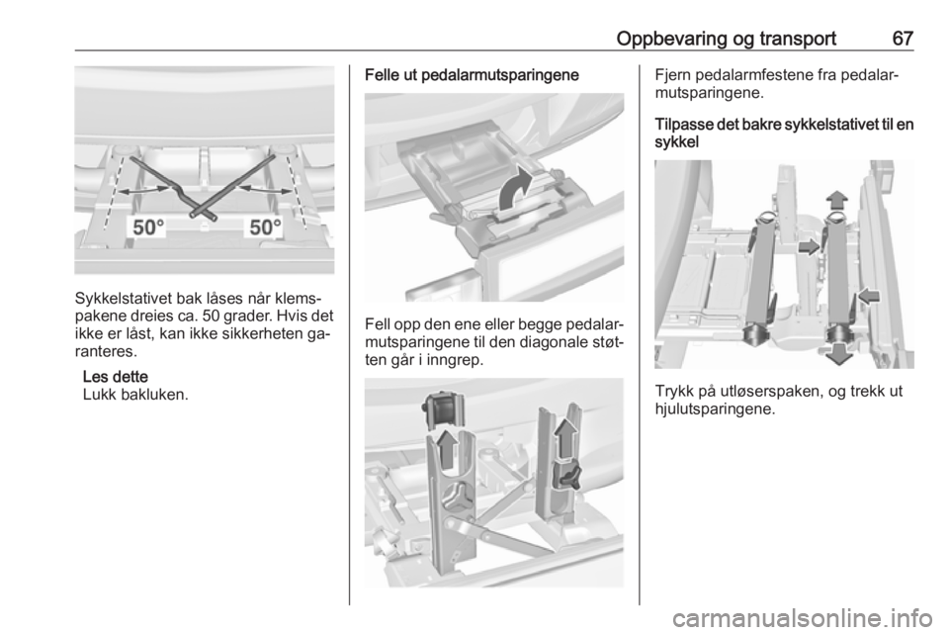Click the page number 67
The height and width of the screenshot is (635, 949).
[x=903, y=39]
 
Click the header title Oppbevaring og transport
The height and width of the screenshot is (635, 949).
[x=727, y=39]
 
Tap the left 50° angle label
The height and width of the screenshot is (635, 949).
[x=148, y=227]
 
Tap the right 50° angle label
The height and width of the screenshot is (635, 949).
[x=266, y=227]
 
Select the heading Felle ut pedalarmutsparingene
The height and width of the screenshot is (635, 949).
[x=472, y=76]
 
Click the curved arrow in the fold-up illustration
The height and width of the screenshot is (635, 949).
[x=516, y=190]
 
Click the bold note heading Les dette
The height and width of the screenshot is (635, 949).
[x=115, y=377]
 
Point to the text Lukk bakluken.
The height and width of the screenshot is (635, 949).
[x=135, y=395]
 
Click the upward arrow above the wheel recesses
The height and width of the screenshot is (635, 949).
[x=837, y=199]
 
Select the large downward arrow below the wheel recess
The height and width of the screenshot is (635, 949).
[x=839, y=353]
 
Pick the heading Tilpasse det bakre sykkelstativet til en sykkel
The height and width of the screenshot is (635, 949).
[x=784, y=134]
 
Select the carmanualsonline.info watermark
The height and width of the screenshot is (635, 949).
[x=809, y=618]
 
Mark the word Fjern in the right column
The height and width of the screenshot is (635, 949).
[x=672, y=76]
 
